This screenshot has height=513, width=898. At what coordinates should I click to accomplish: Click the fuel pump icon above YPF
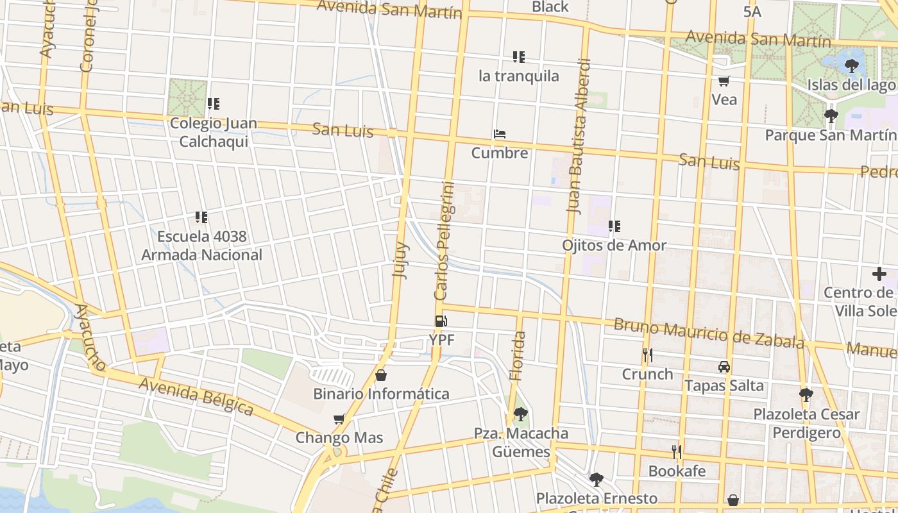coord(441,321)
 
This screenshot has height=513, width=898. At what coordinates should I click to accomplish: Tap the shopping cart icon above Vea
coord(724,81)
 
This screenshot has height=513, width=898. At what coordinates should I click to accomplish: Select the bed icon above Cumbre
coord(500,134)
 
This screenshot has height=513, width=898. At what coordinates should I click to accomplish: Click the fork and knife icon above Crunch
coord(647,355)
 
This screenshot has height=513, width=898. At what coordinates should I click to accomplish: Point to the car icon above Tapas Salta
coord(724,367)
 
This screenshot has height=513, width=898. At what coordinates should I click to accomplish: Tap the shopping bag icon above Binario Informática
coord(381,375)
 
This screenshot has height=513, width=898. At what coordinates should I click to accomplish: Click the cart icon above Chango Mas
coord(339,419)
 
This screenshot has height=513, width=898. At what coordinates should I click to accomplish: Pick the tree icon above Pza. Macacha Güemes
coord(521,414)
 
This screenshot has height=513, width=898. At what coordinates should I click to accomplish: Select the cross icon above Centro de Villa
coord(879,274)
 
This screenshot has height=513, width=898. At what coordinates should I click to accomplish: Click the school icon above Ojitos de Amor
coord(614,226)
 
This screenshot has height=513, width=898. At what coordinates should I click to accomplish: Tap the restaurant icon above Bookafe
coord(676,452)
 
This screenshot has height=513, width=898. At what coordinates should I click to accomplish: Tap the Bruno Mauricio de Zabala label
coord(708,332)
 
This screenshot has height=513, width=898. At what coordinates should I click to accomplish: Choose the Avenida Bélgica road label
coord(196,396)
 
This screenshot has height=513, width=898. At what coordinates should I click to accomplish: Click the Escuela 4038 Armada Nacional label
coord(201,246)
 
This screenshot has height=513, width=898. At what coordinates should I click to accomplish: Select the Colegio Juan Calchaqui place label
coord(214,132)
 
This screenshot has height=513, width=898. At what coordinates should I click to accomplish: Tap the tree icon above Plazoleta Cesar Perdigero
coord(806,395)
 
